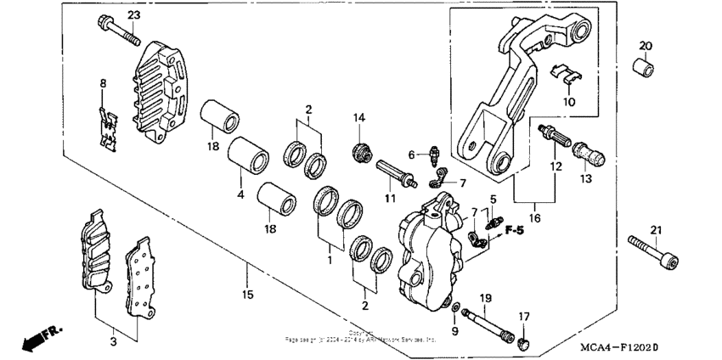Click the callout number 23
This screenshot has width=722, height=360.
[134, 15]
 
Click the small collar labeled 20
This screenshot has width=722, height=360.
[644, 66]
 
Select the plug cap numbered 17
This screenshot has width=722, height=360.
[524, 342]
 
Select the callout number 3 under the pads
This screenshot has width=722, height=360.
[113, 341]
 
